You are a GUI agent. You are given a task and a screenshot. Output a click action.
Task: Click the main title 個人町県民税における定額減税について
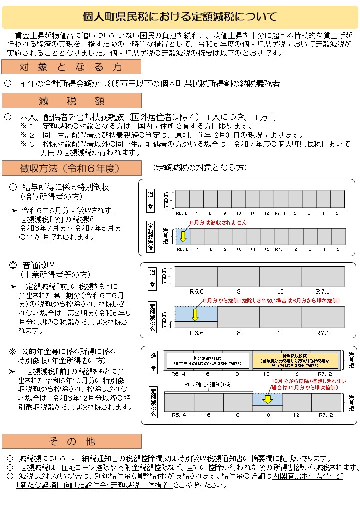pos(179,17)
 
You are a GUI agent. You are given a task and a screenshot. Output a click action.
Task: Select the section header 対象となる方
pos(71,67)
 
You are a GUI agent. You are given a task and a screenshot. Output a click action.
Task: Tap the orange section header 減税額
pos(71,101)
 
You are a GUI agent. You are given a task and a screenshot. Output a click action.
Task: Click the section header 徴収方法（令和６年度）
pos(71,168)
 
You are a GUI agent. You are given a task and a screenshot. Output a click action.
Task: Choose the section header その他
pos(71,441)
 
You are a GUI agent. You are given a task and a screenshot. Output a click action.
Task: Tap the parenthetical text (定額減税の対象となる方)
pos(200,168)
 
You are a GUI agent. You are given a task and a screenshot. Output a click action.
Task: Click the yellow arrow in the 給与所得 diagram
pos(183,236)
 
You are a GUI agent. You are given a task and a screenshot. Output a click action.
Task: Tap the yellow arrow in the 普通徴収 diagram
pos(195,315)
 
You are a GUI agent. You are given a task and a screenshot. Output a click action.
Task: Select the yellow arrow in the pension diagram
pos(267,385)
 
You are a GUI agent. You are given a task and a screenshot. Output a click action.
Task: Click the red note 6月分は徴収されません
pos(218,222)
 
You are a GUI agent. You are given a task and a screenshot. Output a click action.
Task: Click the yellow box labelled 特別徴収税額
pos(295,360)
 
